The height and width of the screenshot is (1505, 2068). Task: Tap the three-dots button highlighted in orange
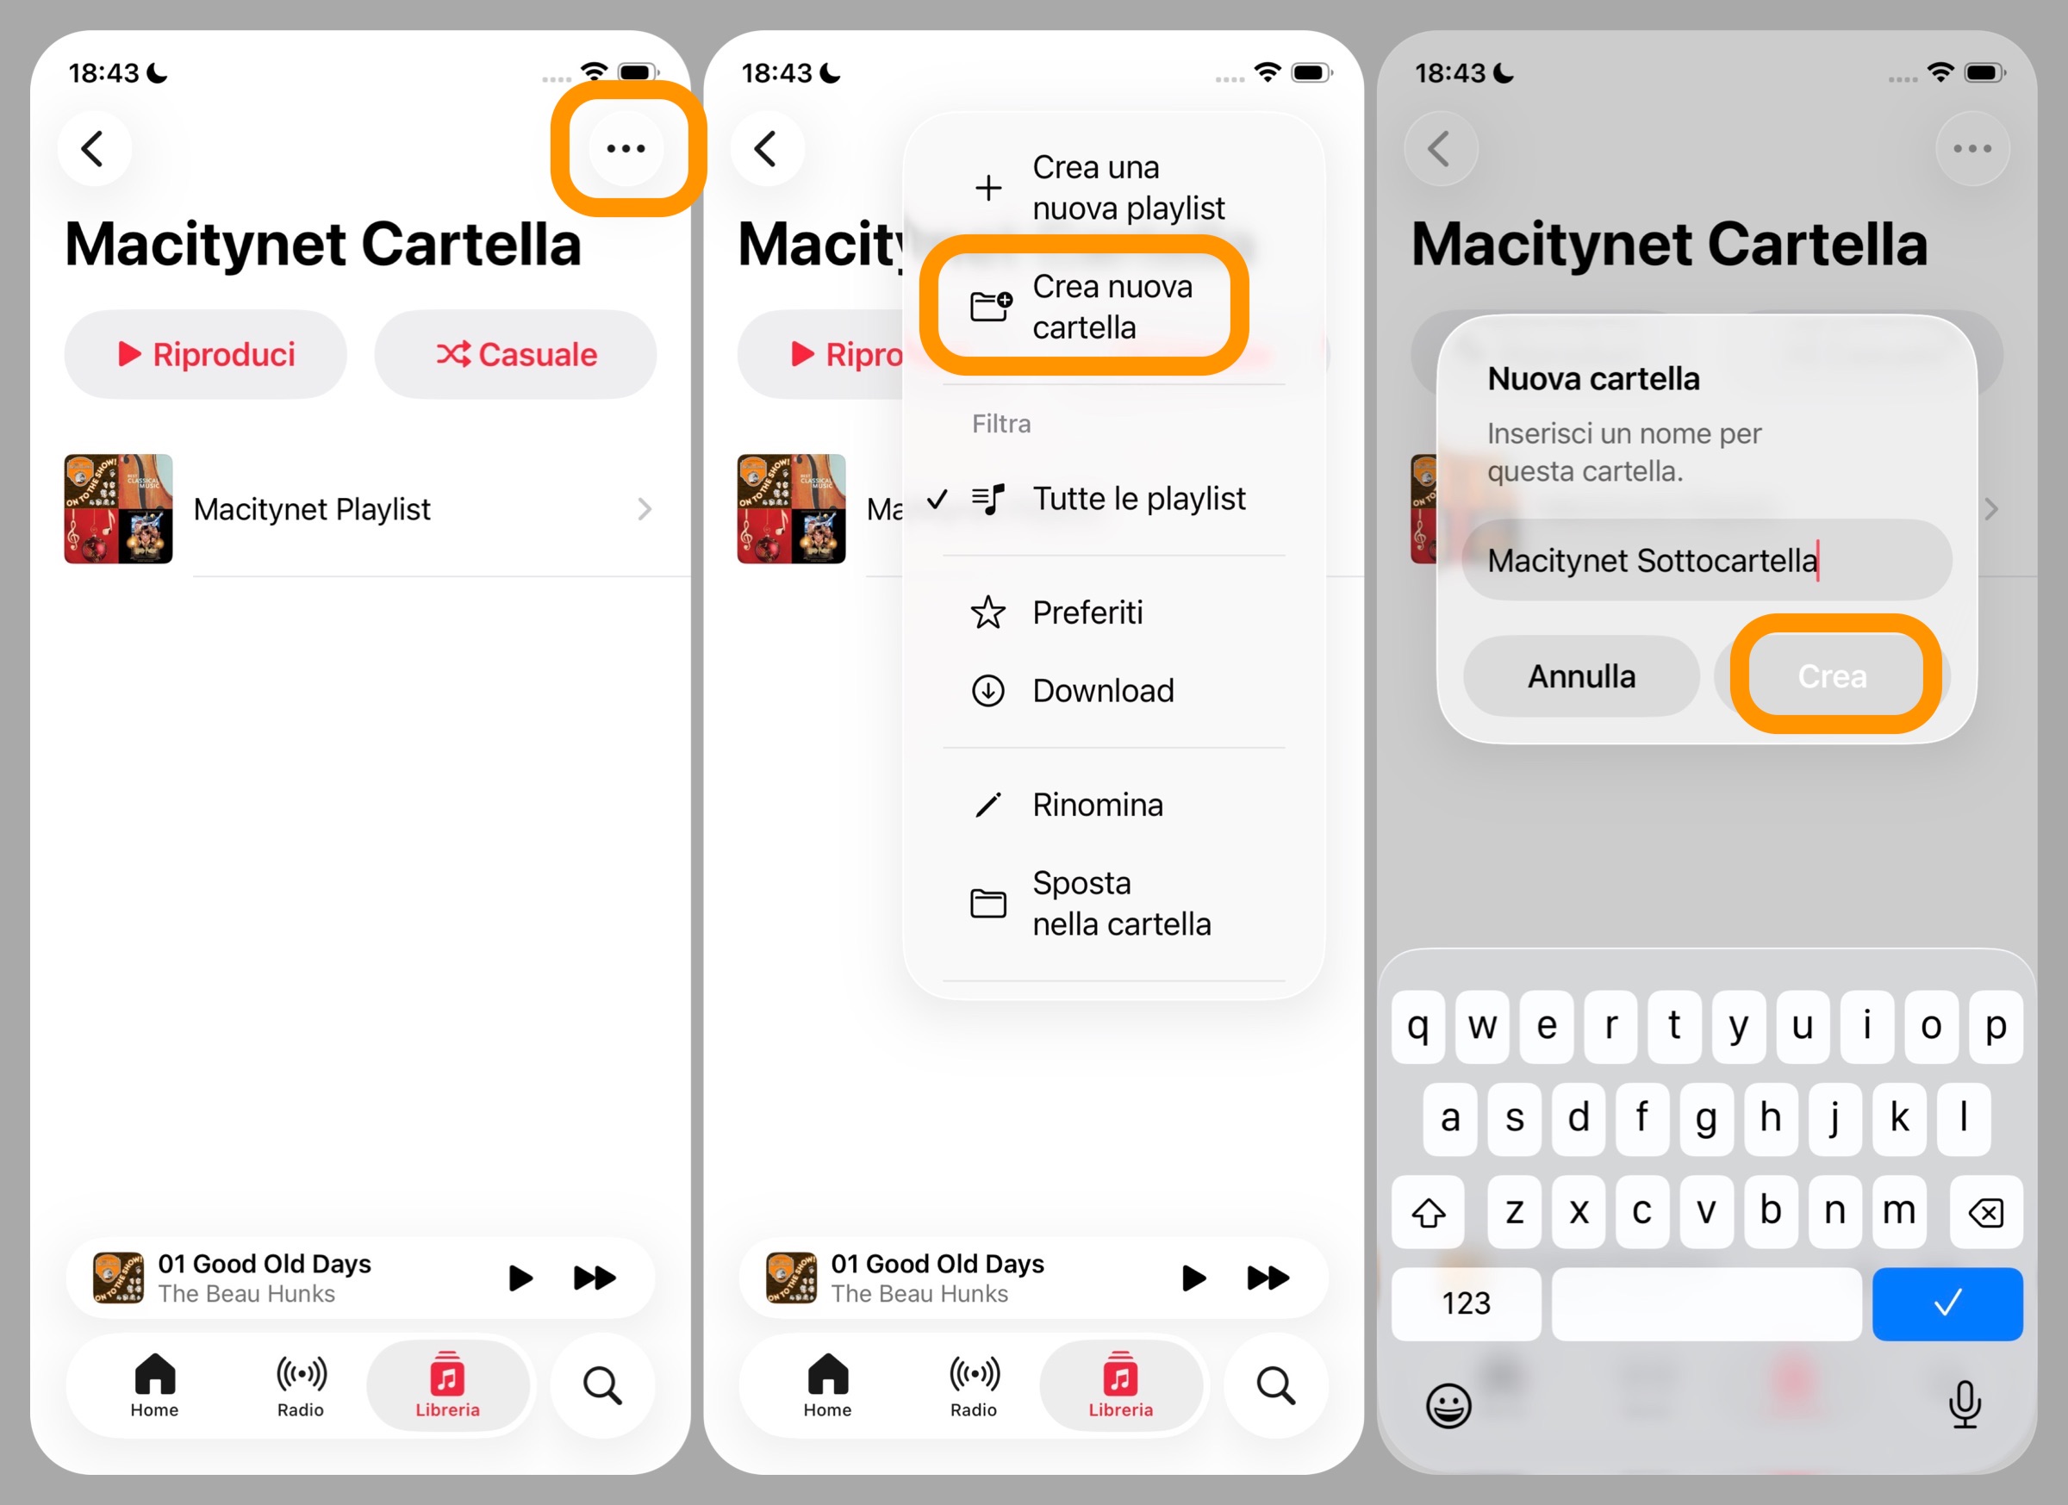tap(626, 148)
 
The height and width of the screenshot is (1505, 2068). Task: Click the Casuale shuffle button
tap(516, 355)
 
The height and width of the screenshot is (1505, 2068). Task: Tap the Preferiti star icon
tap(987, 613)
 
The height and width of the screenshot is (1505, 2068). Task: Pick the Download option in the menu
tap(1102, 691)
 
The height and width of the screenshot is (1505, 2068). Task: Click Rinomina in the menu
tap(1097, 805)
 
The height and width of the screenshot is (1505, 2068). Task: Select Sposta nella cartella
tap(1121, 904)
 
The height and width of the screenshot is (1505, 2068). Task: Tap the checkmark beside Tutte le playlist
tap(937, 499)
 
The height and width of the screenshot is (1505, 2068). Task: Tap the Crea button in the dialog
tap(1832, 676)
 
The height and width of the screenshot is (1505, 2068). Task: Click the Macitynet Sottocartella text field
tap(1705, 561)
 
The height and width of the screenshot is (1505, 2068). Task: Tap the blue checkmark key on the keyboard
tap(1947, 1303)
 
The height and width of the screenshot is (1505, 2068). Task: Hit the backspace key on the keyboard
tap(1985, 1212)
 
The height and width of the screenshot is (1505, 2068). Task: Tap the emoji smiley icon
tap(1448, 1405)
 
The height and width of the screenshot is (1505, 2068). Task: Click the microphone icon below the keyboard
tap(1964, 1404)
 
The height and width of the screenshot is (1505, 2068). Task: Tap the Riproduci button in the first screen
tap(206, 355)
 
